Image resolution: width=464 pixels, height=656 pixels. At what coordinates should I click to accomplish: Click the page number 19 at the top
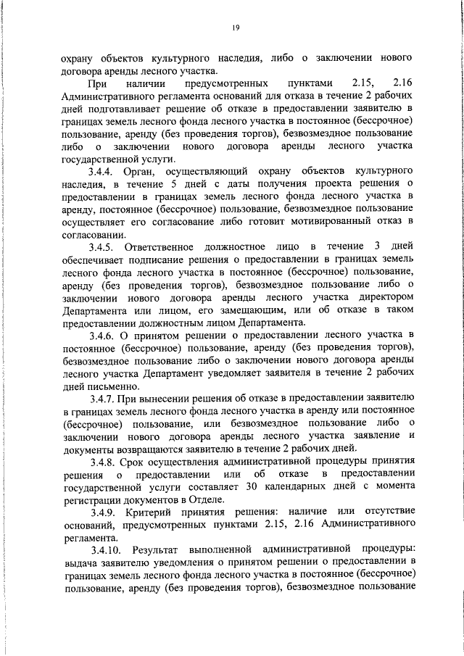(236, 28)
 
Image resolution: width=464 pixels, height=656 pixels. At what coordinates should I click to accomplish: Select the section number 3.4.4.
(102, 172)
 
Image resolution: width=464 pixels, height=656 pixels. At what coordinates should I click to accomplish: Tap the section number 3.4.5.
(102, 249)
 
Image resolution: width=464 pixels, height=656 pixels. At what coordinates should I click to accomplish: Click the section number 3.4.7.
(102, 399)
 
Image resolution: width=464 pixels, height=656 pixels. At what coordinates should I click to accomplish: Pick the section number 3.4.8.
(102, 462)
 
